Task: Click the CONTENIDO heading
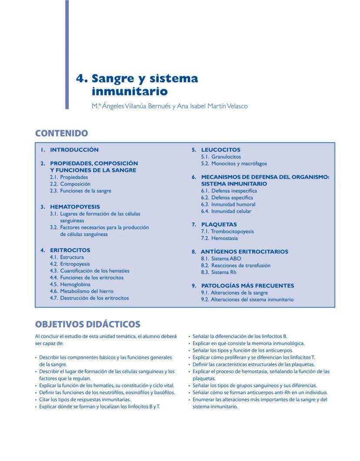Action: point(61,134)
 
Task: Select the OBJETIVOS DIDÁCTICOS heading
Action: point(87,324)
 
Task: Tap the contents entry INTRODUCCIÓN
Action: point(74,150)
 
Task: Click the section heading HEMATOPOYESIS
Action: point(75,207)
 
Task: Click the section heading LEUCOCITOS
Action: point(220,150)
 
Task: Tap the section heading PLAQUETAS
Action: point(219,224)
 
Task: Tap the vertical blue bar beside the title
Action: point(67,54)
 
